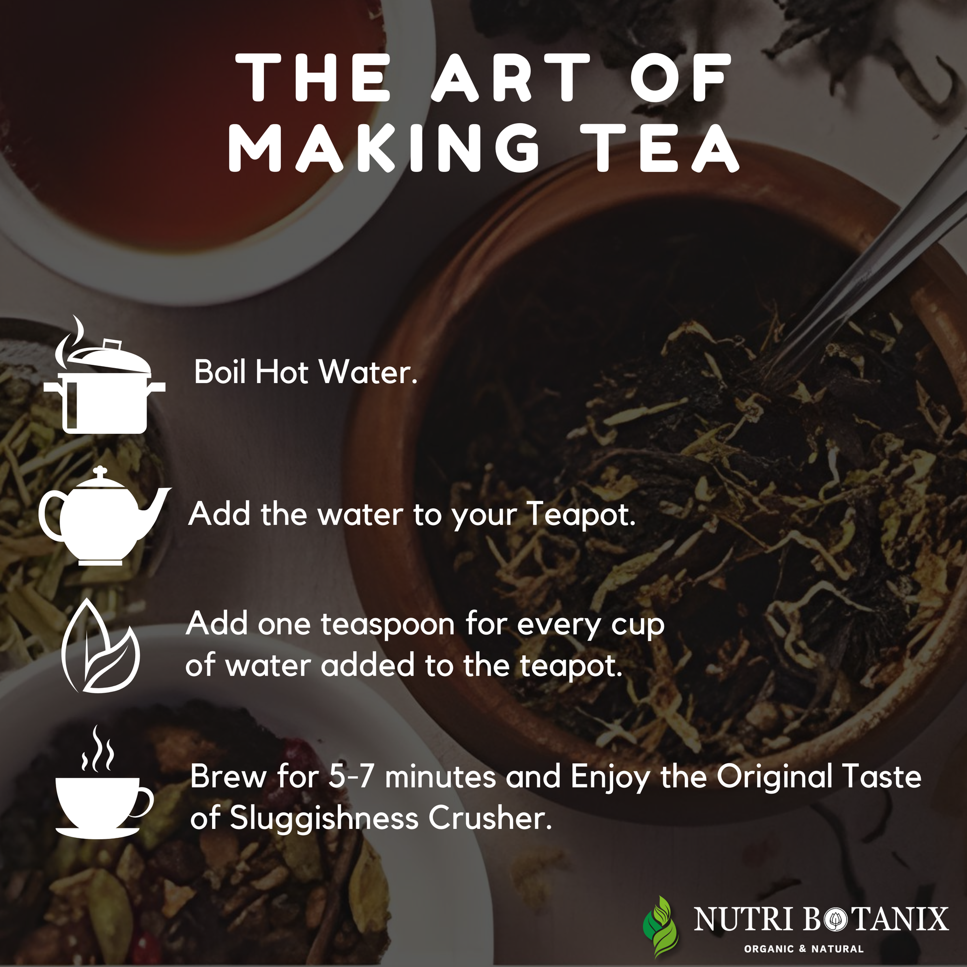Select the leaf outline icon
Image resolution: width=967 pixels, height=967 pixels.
(100, 645)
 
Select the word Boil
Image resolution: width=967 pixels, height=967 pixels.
(220, 372)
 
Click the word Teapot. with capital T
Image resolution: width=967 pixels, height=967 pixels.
(581, 515)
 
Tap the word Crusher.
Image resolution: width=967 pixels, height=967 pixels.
(490, 818)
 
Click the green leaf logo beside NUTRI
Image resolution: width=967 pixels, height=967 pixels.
(661, 926)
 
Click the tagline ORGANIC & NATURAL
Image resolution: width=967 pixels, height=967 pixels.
(804, 949)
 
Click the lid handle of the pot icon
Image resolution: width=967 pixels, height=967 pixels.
(112, 345)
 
